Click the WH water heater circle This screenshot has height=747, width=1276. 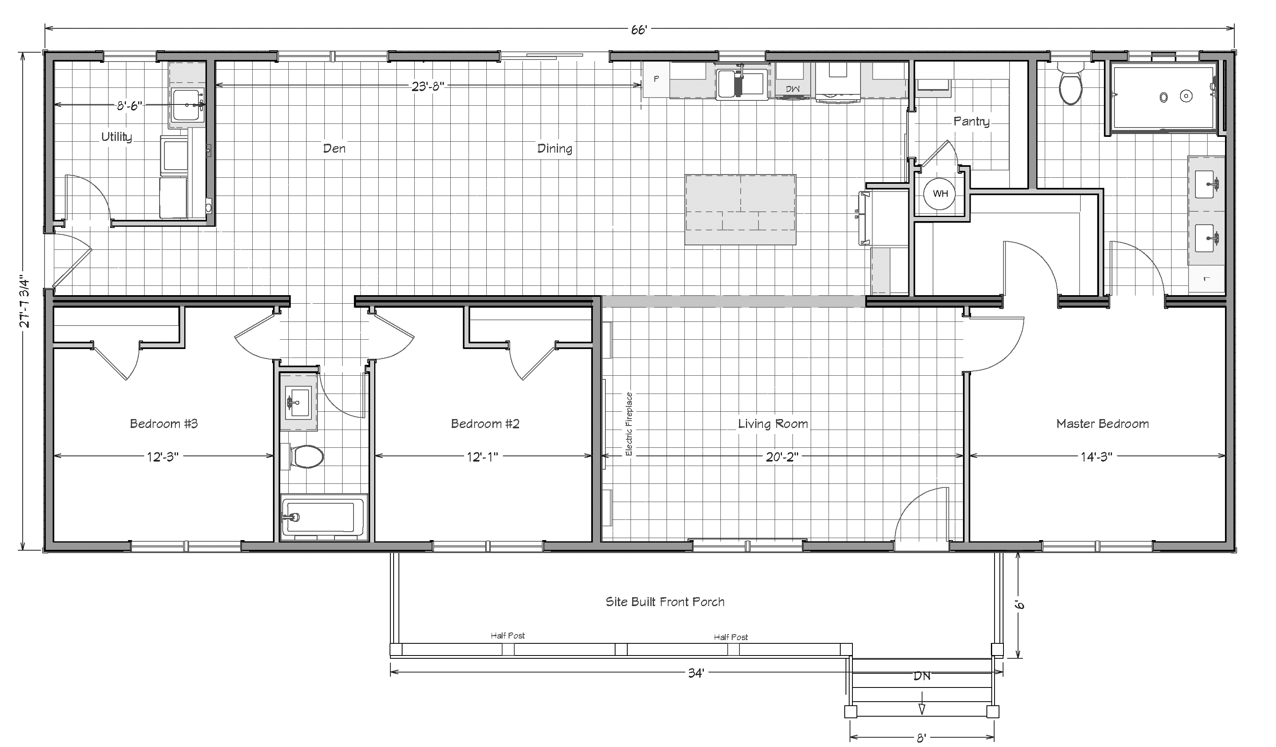coord(940,194)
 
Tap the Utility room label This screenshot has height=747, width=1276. coord(117,137)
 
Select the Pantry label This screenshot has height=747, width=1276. coord(971,121)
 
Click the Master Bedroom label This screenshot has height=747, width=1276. coord(1102,424)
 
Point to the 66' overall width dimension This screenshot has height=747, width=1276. coord(639,30)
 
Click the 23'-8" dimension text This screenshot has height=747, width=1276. coord(428,86)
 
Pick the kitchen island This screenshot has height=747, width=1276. coord(740,210)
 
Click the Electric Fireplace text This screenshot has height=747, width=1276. coord(629,424)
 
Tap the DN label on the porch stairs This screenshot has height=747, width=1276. coord(922,676)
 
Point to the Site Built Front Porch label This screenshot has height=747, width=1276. coord(665,602)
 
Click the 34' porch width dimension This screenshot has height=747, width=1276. coord(696,673)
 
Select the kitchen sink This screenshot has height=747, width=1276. coord(741,83)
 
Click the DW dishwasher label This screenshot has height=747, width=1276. coord(792,89)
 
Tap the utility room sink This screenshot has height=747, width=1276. coord(187,104)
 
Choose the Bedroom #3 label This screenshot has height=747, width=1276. coord(164,424)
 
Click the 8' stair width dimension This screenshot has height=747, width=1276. coord(922,738)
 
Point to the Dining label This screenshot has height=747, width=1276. coord(554,148)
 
